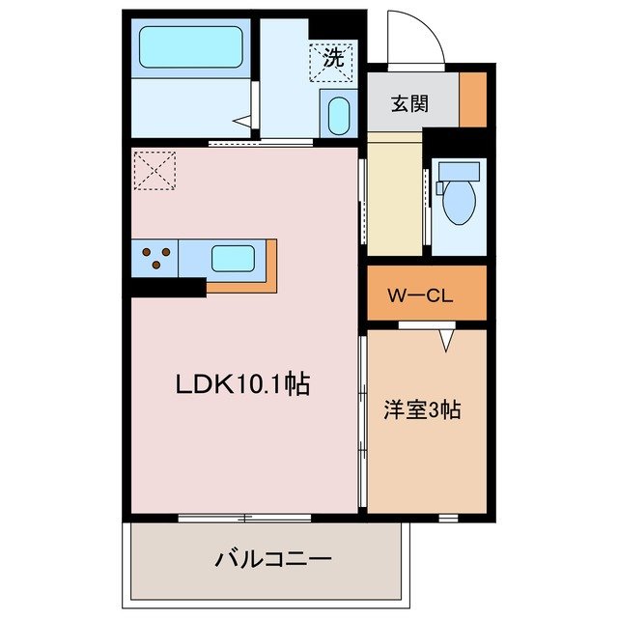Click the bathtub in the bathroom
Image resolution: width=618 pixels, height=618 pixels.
(190, 45)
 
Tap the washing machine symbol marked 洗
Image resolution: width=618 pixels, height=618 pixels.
(331, 59)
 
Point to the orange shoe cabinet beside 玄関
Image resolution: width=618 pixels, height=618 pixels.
(472, 99)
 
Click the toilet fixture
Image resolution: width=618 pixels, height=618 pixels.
(456, 191)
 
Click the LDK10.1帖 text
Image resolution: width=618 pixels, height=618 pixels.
(241, 384)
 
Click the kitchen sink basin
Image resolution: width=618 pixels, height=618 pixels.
(233, 259)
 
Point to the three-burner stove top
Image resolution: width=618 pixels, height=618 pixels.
(156, 259)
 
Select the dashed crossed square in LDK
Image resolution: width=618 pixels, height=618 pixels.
(154, 170)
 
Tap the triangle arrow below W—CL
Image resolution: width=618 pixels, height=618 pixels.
(446, 340)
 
